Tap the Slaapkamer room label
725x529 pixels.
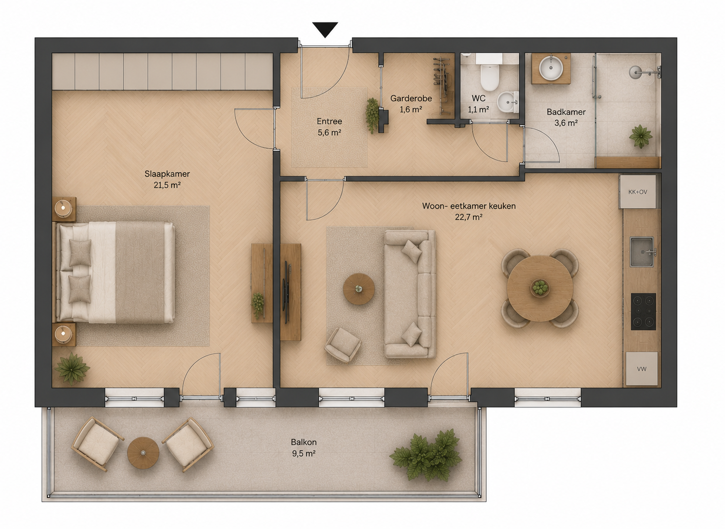click(167, 174)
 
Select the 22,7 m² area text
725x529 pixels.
click(469, 217)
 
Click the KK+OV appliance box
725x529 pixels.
click(638, 192)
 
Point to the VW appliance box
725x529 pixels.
click(642, 368)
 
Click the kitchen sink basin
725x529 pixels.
click(642, 252)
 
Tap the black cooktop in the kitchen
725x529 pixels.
click(644, 311)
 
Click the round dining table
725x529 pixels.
click(540, 288)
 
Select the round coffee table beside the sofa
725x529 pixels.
click(359, 288)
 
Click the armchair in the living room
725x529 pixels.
click(343, 344)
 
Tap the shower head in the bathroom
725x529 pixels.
click(635, 72)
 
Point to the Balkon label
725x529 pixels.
click(304, 442)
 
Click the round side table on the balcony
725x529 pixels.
click(143, 453)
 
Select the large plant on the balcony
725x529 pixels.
click(425, 455)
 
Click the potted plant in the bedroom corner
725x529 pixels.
click(72, 368)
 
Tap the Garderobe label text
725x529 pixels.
click(411, 98)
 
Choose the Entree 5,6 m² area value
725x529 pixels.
click(330, 132)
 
